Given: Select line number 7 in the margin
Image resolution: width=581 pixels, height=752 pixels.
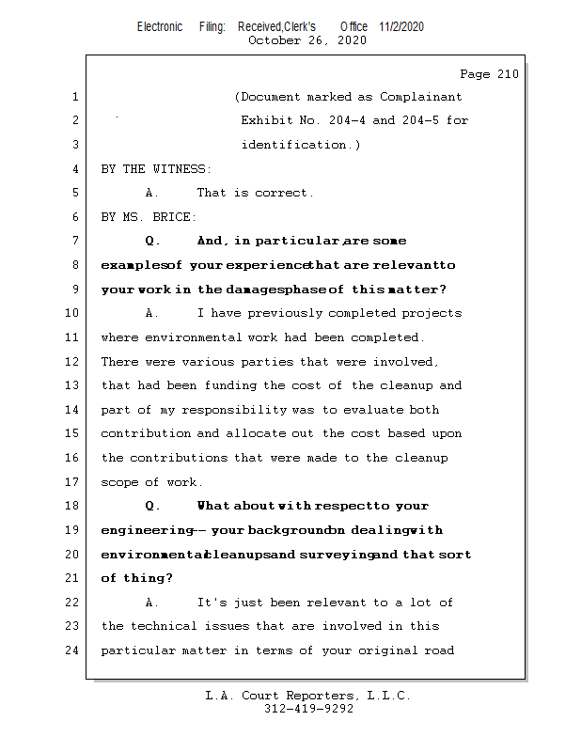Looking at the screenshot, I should click(x=74, y=241).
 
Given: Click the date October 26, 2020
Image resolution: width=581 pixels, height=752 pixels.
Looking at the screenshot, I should click(x=306, y=40).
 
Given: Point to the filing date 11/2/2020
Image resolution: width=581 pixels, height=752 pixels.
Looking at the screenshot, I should click(x=401, y=26).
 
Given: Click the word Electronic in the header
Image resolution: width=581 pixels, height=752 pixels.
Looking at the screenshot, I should click(x=160, y=26).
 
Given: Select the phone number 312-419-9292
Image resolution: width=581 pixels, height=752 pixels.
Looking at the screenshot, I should click(x=308, y=710).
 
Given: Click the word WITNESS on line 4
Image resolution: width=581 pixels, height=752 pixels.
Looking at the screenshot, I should click(x=177, y=169).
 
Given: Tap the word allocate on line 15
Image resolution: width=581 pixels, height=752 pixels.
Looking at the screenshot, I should click(x=289, y=433).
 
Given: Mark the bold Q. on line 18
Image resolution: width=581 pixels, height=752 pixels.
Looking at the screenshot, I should click(x=153, y=506).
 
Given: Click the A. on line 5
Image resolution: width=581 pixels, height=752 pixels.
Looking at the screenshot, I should click(x=152, y=193).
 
